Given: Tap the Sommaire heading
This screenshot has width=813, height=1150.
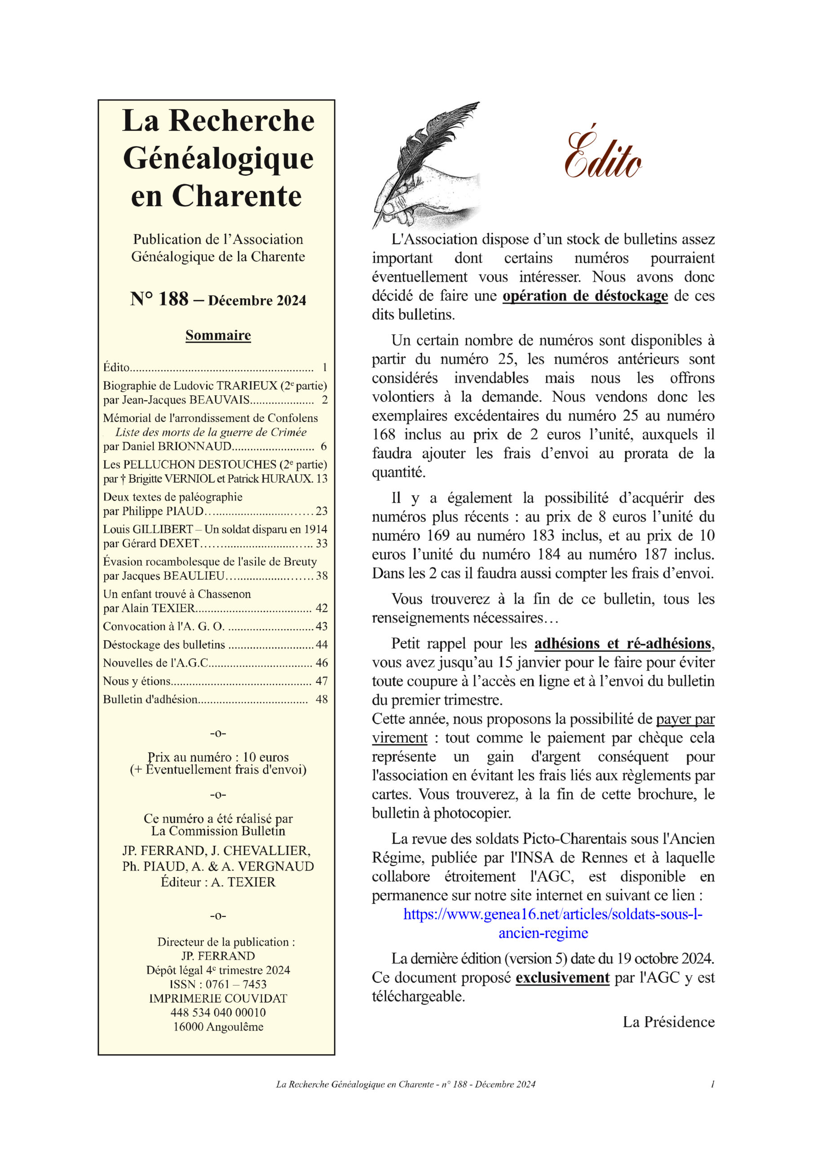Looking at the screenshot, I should click(x=218, y=335).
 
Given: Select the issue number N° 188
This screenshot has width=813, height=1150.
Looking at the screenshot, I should click(x=159, y=299).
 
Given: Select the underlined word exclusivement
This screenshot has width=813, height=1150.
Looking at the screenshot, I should click(x=562, y=977).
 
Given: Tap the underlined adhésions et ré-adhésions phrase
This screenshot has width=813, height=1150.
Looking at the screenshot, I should click(x=623, y=643).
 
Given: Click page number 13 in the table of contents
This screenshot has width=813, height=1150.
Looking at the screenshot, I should click(x=322, y=478).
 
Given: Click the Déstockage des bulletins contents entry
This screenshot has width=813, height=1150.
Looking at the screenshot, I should click(x=164, y=644).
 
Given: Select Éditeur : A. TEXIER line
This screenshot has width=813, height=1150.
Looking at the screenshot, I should click(x=218, y=881).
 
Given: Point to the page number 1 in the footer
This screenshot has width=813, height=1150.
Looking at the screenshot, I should click(x=712, y=1084).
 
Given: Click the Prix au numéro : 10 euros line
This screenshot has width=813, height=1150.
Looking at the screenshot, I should click(x=218, y=757).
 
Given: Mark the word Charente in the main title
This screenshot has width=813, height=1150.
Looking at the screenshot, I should click(x=236, y=196).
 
